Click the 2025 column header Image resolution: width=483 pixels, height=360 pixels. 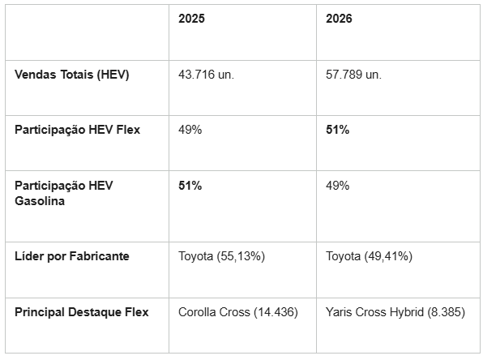tap(191, 19)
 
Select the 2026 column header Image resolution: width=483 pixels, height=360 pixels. tap(339, 19)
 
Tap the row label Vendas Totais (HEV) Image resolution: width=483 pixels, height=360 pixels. tap(72, 75)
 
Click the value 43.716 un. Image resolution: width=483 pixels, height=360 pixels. tap(206, 75)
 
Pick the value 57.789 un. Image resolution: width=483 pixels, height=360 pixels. tap(353, 75)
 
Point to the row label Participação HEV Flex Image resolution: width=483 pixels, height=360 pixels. tap(77, 130)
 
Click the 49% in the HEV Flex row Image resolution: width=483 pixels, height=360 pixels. tap(190, 130)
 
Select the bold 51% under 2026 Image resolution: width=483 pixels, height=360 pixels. tap(338, 130)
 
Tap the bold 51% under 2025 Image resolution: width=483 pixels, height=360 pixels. tap(190, 186)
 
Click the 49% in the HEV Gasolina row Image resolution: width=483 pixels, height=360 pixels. tap(338, 186)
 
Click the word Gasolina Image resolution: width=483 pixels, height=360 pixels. tap(40, 201)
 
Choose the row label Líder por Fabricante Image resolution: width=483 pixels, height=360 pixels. tap(72, 256)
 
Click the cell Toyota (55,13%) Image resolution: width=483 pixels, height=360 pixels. tap(221, 256)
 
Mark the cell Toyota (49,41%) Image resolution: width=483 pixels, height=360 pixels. tap(369, 256)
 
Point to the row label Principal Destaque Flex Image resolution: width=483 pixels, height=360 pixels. tap(82, 312)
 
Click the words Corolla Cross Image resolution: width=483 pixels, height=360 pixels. tap(214, 312)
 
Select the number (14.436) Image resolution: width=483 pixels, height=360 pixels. tap(276, 312)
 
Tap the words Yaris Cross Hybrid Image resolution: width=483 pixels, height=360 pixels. tap(374, 312)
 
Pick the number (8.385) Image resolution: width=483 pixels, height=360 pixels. tap(446, 312)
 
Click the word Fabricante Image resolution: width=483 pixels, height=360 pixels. tap(99, 256)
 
